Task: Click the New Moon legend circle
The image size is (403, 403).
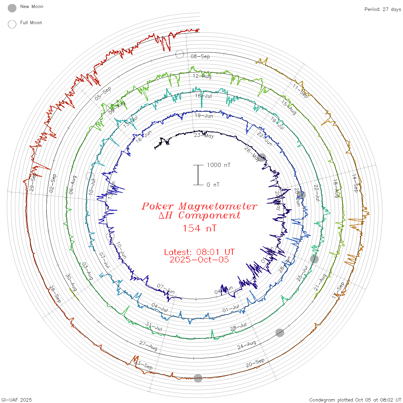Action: [12, 8]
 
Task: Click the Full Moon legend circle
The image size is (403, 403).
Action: [12, 24]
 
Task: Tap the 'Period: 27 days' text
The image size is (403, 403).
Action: [383, 9]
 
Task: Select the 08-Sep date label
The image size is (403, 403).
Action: [200, 56]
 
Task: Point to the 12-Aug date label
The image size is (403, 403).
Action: [202, 76]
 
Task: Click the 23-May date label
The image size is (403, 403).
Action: [204, 135]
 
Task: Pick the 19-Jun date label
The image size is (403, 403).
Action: [204, 116]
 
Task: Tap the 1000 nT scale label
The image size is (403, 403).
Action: [219, 165]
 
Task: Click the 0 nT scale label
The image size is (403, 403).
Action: [213, 185]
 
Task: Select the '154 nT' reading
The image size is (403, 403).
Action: [199, 228]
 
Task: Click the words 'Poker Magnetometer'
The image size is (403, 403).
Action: [199, 206]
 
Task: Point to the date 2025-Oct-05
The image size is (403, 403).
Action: [199, 260]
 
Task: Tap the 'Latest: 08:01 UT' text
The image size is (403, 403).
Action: [199, 252]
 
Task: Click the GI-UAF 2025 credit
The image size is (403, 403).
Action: [16, 400]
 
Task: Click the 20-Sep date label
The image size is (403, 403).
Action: [255, 363]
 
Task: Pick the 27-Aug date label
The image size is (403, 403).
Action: [148, 346]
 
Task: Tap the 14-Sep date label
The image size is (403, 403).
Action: [355, 183]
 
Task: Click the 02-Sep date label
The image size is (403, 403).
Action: [53, 183]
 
